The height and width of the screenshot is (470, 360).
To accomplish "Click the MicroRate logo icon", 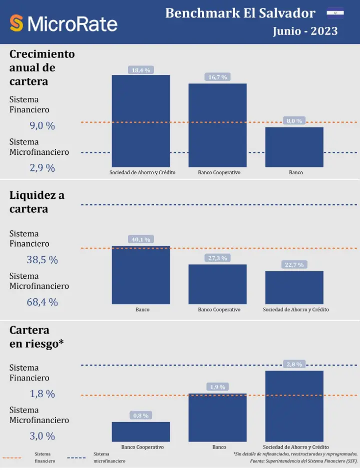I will [16, 23].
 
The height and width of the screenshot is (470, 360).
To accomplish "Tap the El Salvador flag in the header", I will [335, 12].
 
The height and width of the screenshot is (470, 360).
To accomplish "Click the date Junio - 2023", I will [305, 31].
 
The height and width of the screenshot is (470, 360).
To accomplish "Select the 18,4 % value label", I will [141, 70].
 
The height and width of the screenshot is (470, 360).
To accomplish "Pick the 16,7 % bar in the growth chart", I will [217, 125].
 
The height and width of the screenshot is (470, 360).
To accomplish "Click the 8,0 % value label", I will [294, 121].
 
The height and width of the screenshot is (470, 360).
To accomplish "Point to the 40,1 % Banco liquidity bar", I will [140, 275].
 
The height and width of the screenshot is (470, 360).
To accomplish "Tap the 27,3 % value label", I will [217, 258].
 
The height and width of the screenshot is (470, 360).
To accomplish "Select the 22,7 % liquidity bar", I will [294, 287].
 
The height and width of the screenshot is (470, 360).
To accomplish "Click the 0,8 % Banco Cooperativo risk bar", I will [140, 432].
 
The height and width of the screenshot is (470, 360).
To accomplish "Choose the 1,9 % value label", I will [217, 387].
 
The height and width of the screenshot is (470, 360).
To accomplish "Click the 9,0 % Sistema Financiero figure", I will [42, 126].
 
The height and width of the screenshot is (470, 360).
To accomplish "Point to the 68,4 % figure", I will [42, 302].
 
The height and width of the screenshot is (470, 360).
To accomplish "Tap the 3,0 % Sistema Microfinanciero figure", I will [42, 436].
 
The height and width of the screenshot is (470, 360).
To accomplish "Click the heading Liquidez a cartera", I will [37, 202].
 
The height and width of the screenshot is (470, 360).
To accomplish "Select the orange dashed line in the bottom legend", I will [12, 458].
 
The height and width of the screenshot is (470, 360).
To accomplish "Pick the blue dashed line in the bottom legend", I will [76, 458].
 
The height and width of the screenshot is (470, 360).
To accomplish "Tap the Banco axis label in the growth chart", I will [295, 173].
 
